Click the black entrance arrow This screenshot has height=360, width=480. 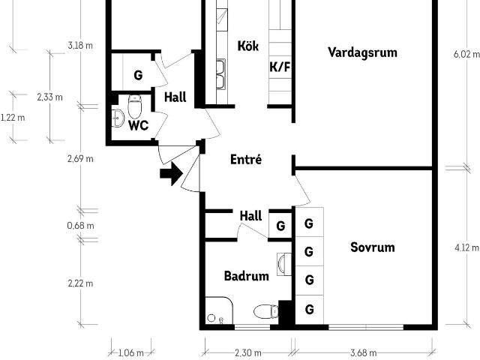click(172, 173)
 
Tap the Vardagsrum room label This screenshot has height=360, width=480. click(363, 52)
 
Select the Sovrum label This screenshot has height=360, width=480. click(373, 247)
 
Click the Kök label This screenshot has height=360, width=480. click(248, 46)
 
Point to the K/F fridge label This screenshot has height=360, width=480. click(280, 67)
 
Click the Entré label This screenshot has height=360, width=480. click(246, 160)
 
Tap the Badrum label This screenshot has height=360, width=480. click(247, 276)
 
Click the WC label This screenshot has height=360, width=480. click(138, 125)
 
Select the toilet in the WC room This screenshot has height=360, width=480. click(135, 106)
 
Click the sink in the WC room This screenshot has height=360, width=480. click(118, 118)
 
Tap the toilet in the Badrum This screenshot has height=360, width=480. click(266, 311)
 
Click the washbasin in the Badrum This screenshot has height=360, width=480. click(283, 264)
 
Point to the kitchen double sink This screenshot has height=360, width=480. click(220, 73)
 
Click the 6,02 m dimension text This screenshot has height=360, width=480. click(466, 55)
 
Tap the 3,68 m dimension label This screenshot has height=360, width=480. click(363, 353)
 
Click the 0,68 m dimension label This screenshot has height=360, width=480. click(80, 226)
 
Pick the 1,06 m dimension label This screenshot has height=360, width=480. click(130, 353)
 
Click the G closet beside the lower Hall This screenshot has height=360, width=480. click(280, 226)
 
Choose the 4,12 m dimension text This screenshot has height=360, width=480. click(466, 247)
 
